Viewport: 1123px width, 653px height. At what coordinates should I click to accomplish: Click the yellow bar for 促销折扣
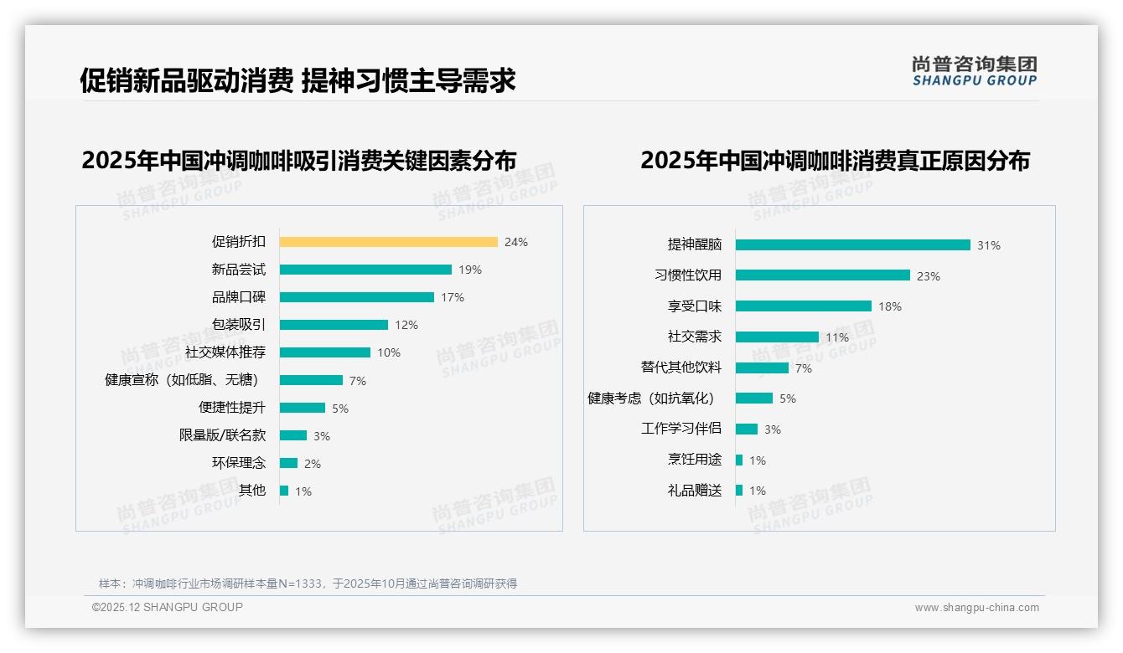click(388, 242)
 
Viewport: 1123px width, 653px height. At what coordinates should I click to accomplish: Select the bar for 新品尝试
click(365, 270)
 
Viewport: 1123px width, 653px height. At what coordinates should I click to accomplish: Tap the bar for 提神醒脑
click(852, 245)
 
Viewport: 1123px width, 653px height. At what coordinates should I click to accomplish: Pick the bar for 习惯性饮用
click(822, 275)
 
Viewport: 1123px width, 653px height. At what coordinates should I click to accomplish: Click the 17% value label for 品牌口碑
click(453, 297)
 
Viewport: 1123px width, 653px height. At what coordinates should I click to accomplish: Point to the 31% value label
click(989, 245)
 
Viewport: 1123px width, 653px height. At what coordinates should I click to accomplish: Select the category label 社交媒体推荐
click(225, 352)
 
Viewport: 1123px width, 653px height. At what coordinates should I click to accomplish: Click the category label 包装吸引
click(239, 325)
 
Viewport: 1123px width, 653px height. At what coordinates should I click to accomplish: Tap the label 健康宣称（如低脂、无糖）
click(185, 380)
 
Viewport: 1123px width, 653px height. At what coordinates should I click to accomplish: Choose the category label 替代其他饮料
click(681, 368)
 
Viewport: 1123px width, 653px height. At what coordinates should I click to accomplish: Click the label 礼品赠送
click(695, 491)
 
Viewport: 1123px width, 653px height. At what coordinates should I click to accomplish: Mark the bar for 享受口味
click(803, 306)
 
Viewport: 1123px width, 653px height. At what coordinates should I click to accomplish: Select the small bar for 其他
click(284, 491)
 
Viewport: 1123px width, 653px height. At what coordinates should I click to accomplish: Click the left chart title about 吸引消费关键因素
click(298, 160)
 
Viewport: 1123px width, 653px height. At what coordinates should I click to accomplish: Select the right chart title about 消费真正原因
click(835, 160)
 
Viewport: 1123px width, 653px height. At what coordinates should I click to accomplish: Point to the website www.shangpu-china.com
click(976, 608)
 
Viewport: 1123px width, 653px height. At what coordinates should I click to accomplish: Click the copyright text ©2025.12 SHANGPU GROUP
click(168, 607)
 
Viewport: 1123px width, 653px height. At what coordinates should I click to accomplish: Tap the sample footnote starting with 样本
click(308, 584)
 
